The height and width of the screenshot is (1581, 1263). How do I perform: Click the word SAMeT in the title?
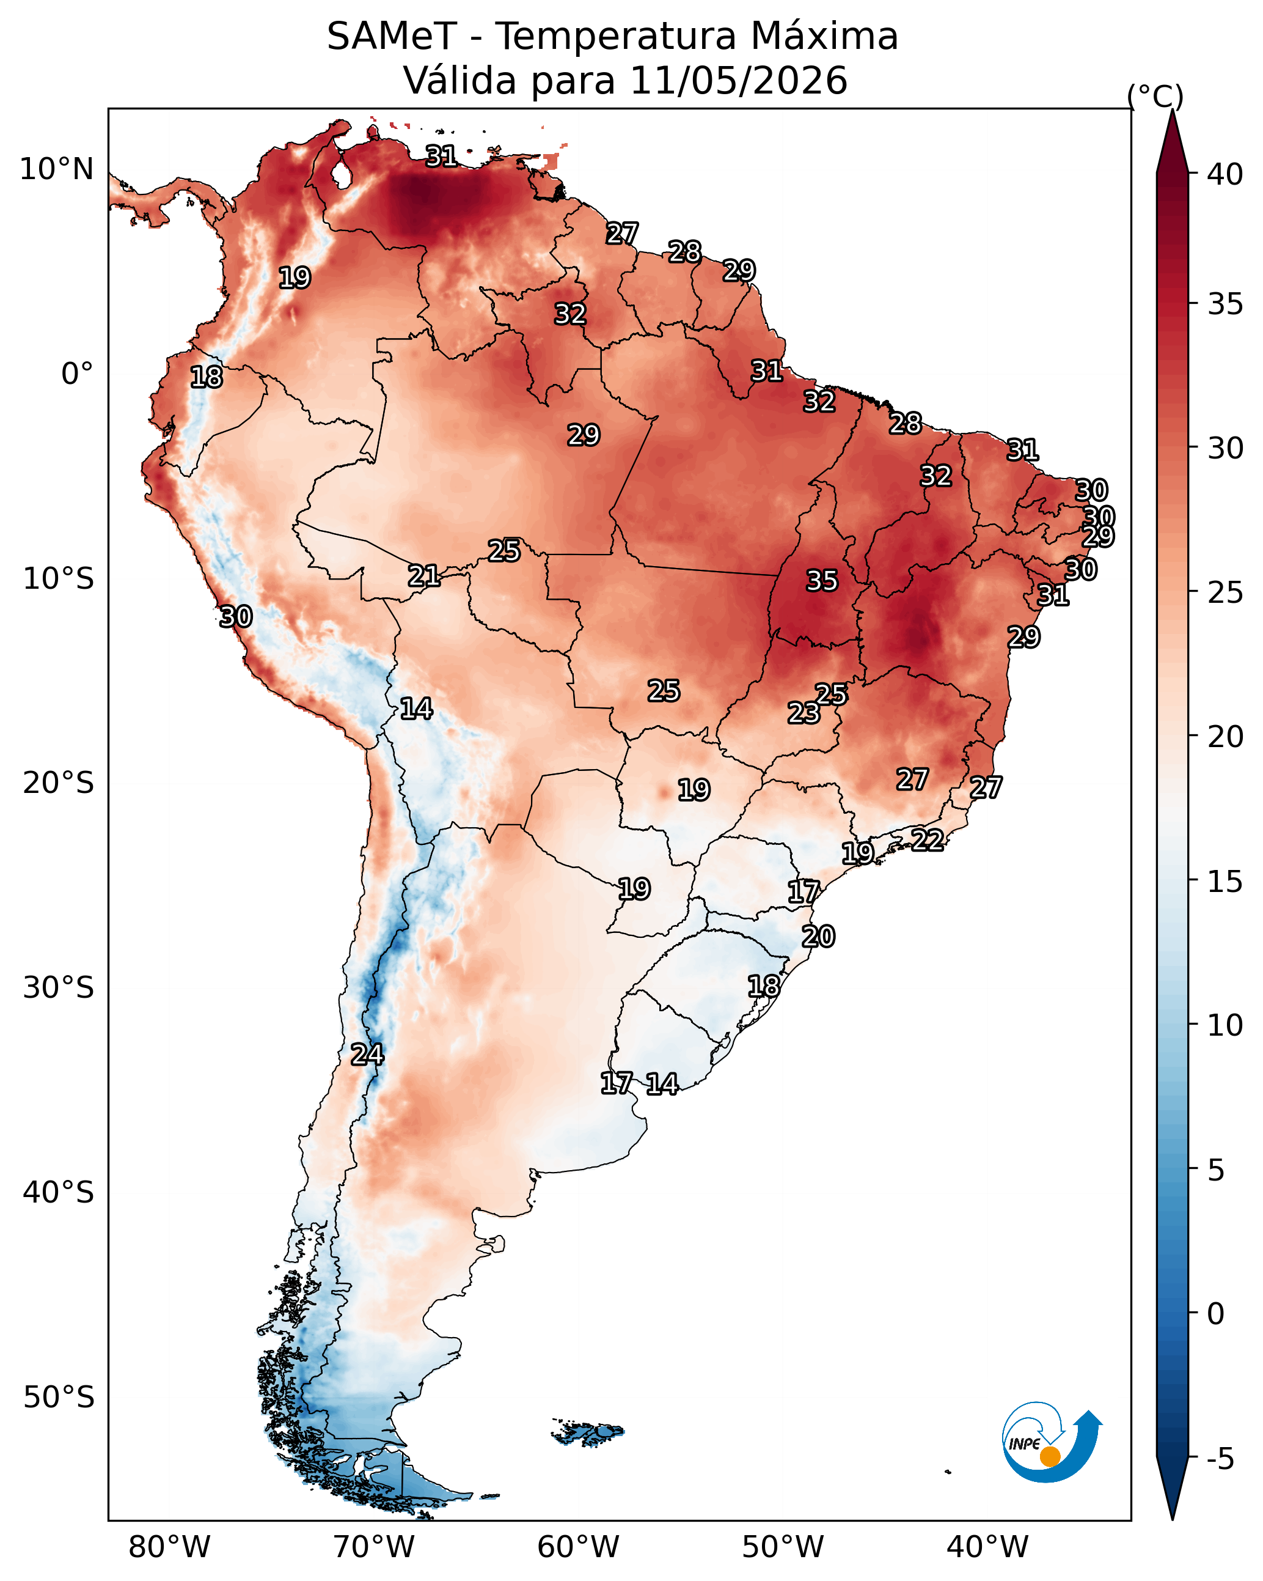coord(392,37)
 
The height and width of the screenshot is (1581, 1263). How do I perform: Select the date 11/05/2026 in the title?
coord(738,81)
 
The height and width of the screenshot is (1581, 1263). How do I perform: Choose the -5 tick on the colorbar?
coord(1221,1459)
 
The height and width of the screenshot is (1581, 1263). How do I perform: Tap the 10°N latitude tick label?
coord(56,169)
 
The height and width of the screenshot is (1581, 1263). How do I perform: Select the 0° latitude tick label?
coord(78,374)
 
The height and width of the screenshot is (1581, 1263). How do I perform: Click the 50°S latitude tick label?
coord(59,1398)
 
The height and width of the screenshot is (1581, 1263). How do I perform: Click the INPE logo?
coord(1052,1444)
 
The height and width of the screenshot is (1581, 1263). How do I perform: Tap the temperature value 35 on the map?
coord(822,581)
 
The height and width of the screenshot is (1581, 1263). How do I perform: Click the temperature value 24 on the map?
coord(367,1055)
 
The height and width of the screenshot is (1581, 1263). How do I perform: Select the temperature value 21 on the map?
coord(423,576)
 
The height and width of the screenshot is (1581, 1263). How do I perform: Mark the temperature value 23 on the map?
coord(804,713)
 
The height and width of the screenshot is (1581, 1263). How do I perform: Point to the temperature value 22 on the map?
coord(928,839)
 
